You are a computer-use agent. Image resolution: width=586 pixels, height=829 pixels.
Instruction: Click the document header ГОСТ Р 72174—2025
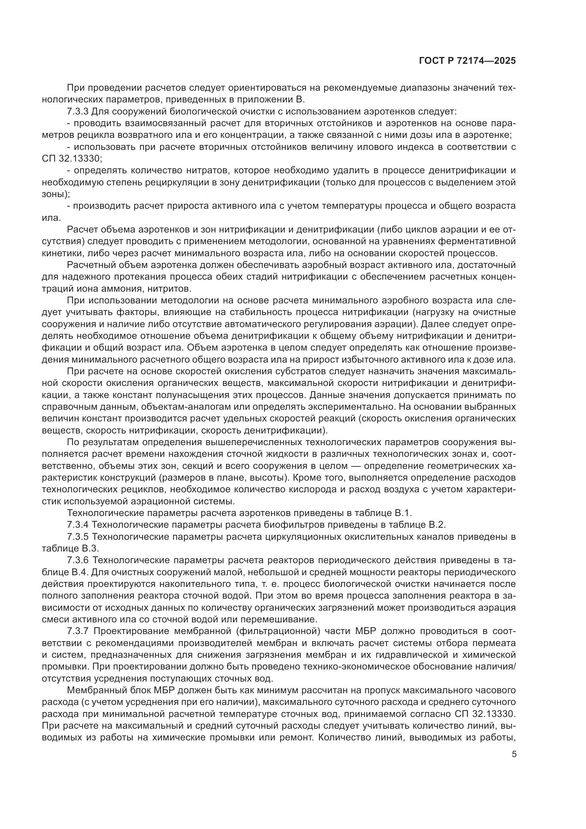467,61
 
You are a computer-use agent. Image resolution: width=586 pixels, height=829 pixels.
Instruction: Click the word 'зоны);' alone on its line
56,194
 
